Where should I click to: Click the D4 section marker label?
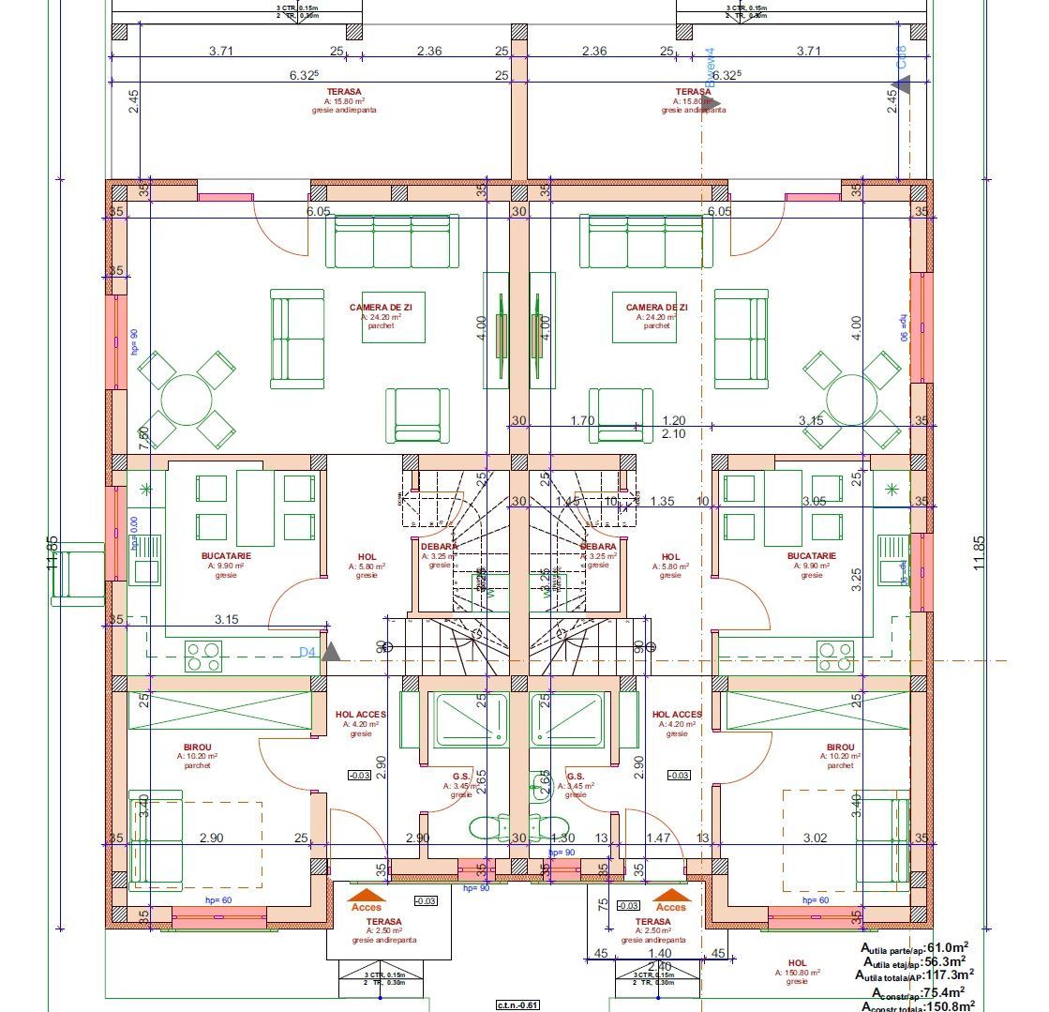pos(307,651)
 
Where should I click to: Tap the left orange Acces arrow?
pos(366,896)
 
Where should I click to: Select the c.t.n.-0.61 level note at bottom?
pos(518,1004)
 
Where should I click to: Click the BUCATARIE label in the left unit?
pos(226,555)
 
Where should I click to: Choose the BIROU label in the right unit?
pos(840,748)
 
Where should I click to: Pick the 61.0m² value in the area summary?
pos(947,947)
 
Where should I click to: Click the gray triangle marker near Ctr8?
pos(901,86)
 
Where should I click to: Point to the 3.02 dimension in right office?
pos(817,838)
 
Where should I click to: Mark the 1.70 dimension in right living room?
pos(582,421)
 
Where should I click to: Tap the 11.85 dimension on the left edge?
pos(52,553)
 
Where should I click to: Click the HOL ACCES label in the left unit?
pos(361,715)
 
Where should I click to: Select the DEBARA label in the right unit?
pos(598,546)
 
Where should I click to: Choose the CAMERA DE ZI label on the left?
pos(380,308)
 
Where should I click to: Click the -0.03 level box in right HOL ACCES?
pos(680,775)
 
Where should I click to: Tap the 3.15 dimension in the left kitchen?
pos(226,619)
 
